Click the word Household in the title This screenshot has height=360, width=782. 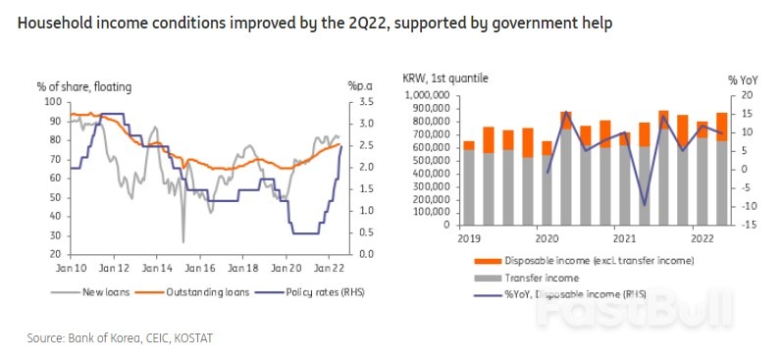point(50,23)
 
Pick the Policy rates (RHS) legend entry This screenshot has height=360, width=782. point(311,290)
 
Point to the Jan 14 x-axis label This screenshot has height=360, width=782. point(158,267)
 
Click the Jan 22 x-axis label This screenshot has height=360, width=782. point(329,267)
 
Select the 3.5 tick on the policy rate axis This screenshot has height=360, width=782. point(367,101)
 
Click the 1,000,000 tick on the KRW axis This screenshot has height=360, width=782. point(428,96)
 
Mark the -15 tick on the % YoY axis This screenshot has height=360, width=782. point(747,225)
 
